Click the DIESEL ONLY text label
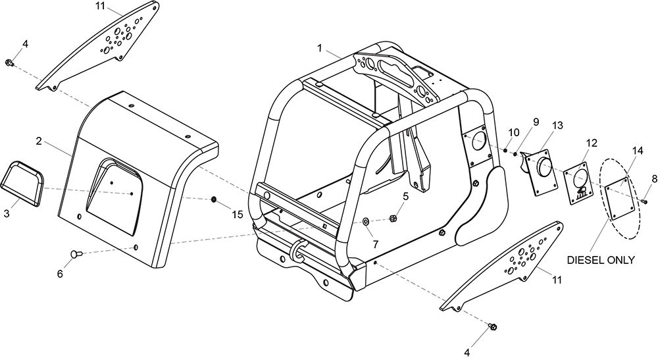pyautogui.click(x=601, y=260)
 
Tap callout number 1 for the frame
pyautogui.click(x=319, y=48)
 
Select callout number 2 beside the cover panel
pyautogui.click(x=39, y=141)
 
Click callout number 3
pyautogui.click(x=6, y=213)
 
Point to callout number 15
pyautogui.click(x=238, y=215)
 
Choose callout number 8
pyautogui.click(x=655, y=179)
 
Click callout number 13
pyautogui.click(x=557, y=126)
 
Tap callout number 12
pyautogui.click(x=592, y=143)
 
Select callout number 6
pyautogui.click(x=60, y=274)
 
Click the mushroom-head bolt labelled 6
pyautogui.click(x=76, y=254)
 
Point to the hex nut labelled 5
pyautogui.click(x=393, y=219)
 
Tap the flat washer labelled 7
pyautogui.click(x=365, y=221)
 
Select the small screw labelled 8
pyautogui.click(x=644, y=201)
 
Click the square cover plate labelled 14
pyautogui.click(x=618, y=199)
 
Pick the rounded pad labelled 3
pyautogui.click(x=22, y=184)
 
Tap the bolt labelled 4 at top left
pyautogui.click(x=9, y=63)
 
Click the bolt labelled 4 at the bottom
pyautogui.click(x=493, y=326)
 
